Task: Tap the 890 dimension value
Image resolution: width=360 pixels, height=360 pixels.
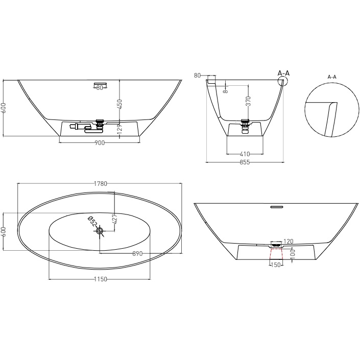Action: (x=137, y=253)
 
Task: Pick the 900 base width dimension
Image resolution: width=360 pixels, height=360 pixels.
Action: (x=99, y=143)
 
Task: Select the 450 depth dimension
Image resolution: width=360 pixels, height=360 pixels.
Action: (x=119, y=104)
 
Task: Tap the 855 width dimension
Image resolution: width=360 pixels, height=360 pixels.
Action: (x=245, y=162)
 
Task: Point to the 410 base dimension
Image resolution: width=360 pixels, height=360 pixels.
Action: (x=246, y=153)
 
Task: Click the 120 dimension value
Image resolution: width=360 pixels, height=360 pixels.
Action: (x=288, y=241)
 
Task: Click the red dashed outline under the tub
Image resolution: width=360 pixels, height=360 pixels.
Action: (x=276, y=254)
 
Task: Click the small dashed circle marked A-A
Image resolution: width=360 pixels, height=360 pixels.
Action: (x=283, y=83)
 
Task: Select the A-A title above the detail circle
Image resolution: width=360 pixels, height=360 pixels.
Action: (x=331, y=77)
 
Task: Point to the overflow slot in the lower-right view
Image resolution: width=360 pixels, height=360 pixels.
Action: (x=276, y=206)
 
